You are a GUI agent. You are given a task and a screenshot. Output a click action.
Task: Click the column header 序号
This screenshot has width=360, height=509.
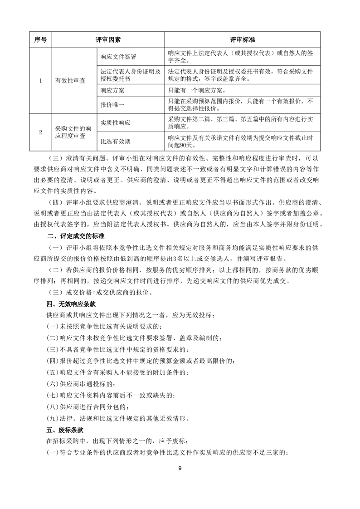pyautogui.click(x=40, y=40)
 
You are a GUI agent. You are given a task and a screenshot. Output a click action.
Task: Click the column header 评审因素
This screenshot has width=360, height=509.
pyautogui.click(x=108, y=40)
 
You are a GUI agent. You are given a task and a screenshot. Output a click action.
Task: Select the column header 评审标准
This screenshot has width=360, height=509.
pyautogui.click(x=242, y=40)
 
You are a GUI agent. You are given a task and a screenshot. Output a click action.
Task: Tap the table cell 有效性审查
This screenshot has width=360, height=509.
pyautogui.click(x=70, y=81)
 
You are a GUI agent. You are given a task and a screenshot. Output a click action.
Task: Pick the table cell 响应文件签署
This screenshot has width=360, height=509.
pyautogui.click(x=118, y=57)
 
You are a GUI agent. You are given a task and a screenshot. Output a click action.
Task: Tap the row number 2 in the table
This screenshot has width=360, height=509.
pyautogui.click(x=40, y=132)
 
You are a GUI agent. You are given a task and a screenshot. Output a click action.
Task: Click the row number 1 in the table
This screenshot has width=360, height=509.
pyautogui.click(x=40, y=81)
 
